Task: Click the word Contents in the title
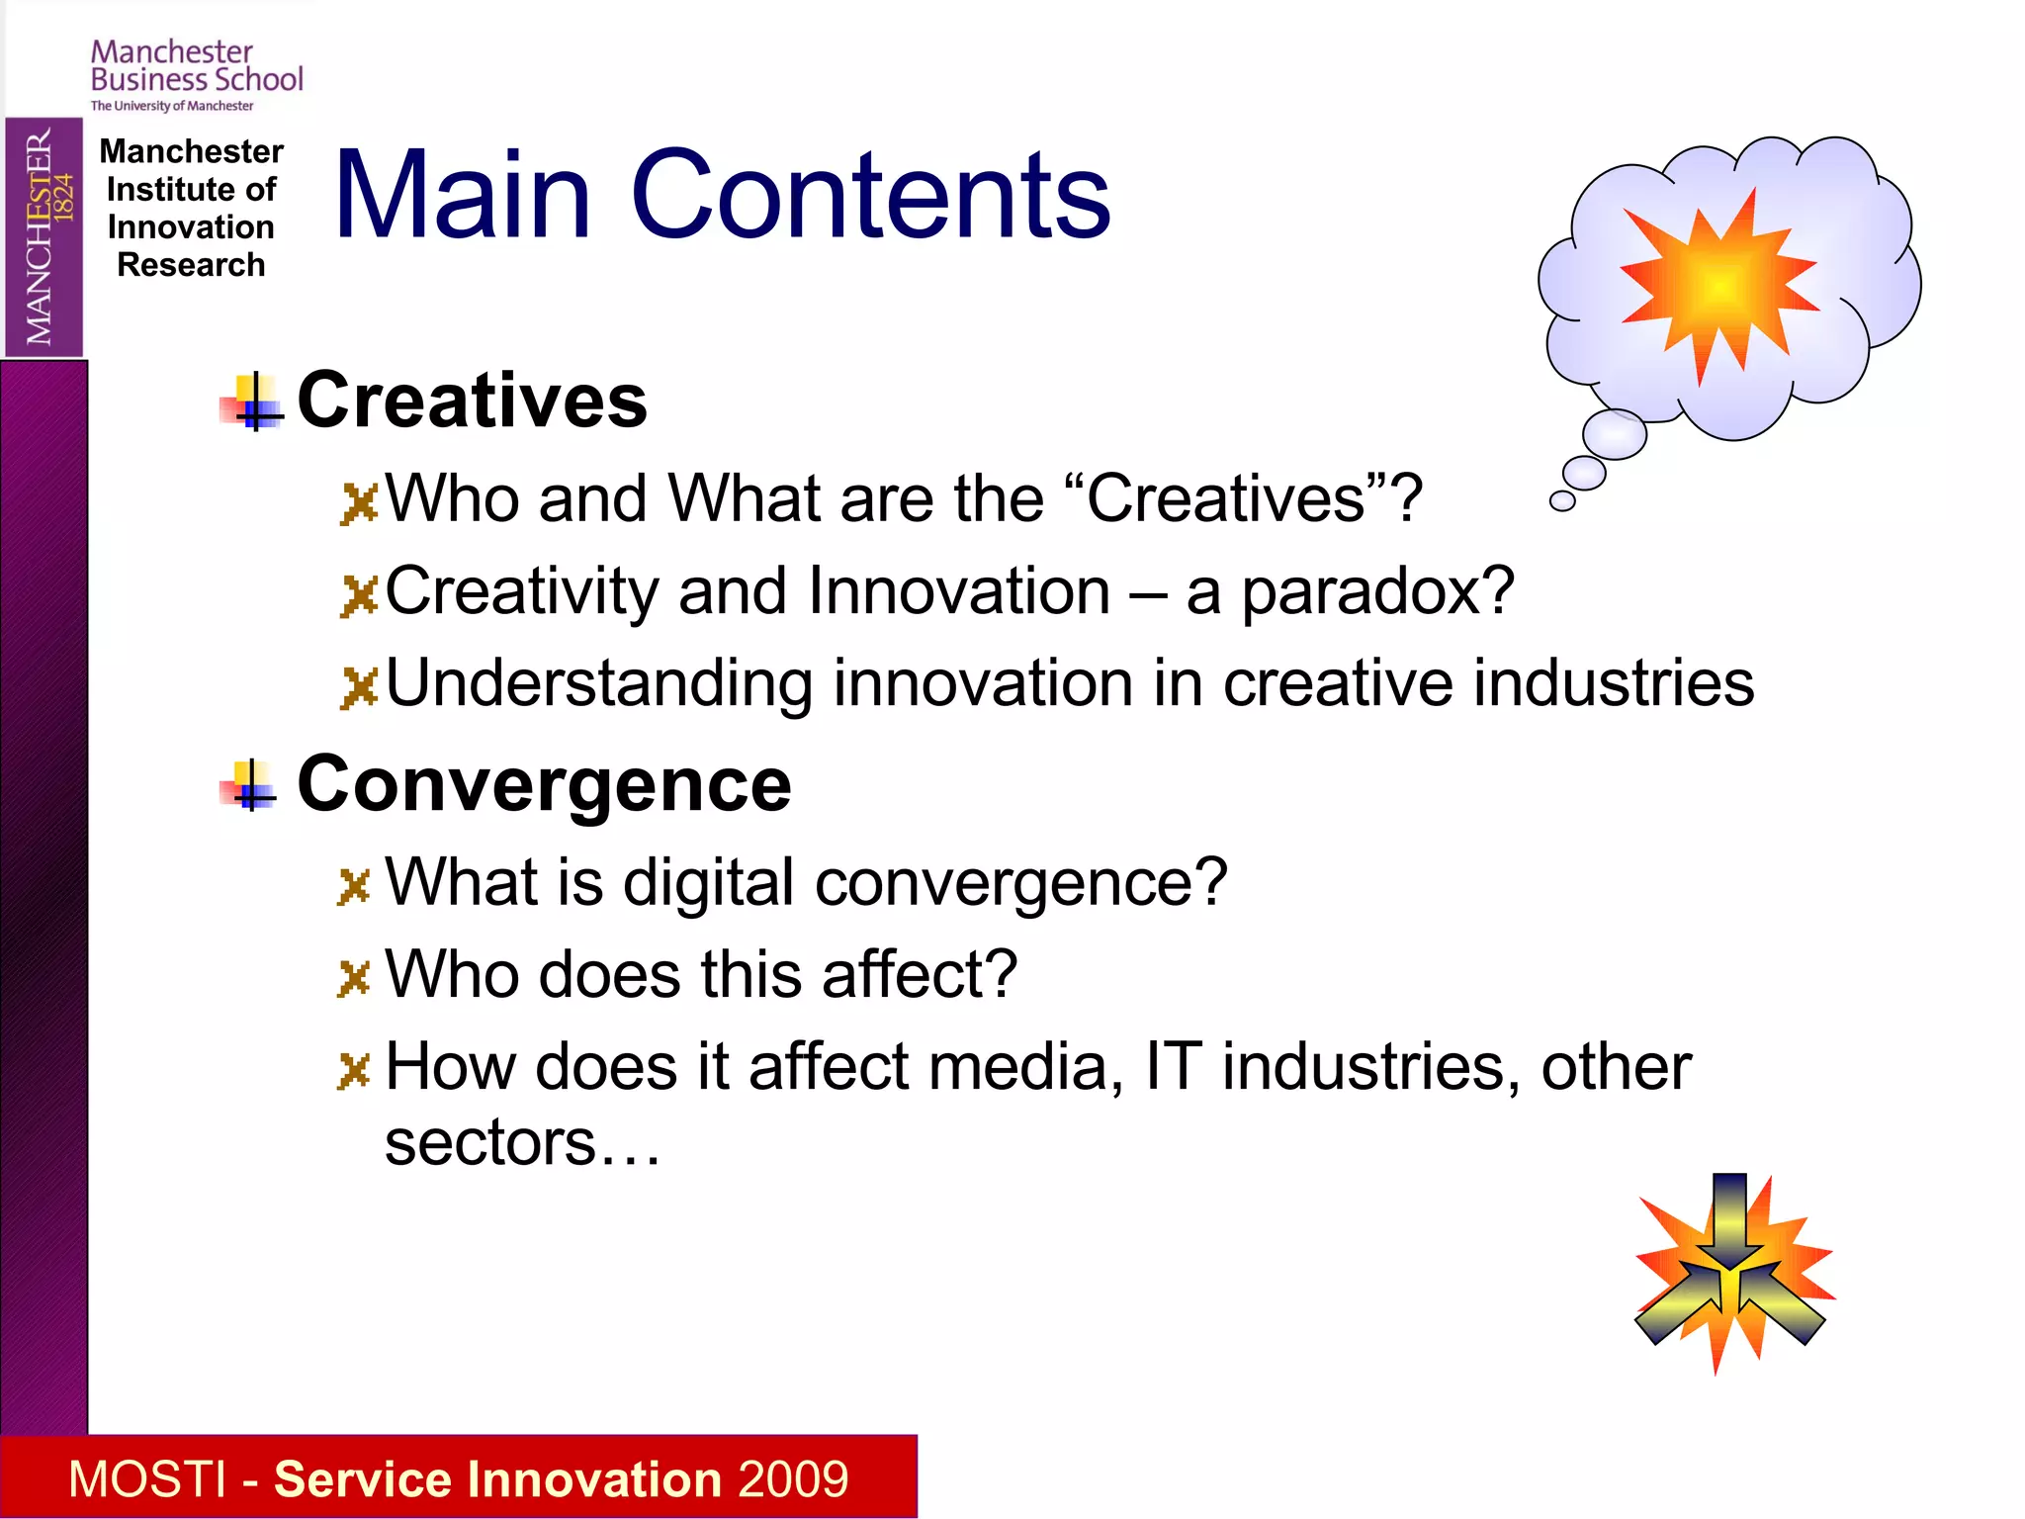click(870, 195)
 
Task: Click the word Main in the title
click(463, 195)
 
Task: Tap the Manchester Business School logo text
click(196, 67)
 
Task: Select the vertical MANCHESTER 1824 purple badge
click(44, 237)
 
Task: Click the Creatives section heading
click(472, 401)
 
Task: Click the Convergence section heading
click(544, 784)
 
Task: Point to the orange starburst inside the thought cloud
click(1718, 284)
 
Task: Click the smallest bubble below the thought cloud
click(1562, 501)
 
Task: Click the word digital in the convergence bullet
click(708, 882)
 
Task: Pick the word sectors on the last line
click(490, 1143)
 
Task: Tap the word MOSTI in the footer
click(147, 1479)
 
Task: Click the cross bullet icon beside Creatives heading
click(253, 402)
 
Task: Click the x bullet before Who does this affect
click(353, 978)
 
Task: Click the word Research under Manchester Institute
click(191, 265)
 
